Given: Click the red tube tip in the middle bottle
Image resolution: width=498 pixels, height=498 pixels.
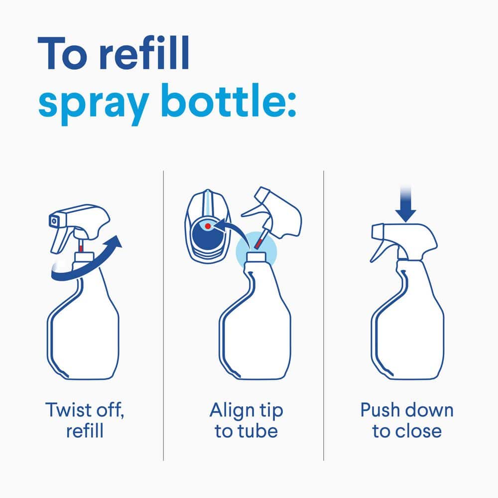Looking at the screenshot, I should pos(258,243).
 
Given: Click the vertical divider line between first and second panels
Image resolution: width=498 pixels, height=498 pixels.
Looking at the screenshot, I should pos(164,314).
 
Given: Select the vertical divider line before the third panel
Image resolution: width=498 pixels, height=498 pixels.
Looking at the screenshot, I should pos(324,314).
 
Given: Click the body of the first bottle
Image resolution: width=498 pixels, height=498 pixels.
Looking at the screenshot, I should pos(85,334).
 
